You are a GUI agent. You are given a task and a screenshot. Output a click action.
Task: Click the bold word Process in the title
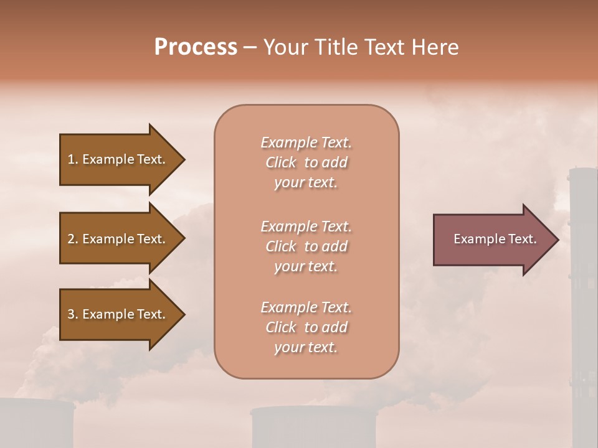coord(196,47)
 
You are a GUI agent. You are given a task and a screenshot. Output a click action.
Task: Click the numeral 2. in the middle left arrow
coord(73,239)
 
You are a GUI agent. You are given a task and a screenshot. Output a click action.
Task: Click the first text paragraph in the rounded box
coord(306,162)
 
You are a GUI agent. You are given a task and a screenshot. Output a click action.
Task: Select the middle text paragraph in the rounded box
coord(306,246)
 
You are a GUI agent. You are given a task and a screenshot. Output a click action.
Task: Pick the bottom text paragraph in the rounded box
coord(306,327)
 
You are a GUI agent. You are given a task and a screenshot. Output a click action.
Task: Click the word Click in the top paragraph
coord(280,162)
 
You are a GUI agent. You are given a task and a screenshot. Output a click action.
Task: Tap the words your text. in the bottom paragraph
coord(306,347)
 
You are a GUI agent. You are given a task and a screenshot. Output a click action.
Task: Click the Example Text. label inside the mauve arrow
coord(495,239)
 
